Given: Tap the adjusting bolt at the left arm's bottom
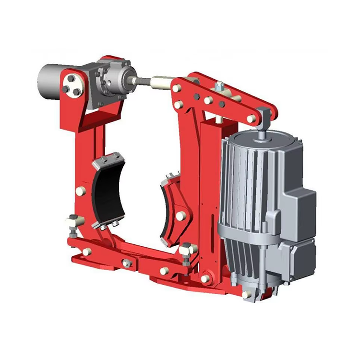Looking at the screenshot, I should pyautogui.click(x=72, y=224).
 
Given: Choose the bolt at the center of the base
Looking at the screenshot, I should pyautogui.click(x=127, y=263).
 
